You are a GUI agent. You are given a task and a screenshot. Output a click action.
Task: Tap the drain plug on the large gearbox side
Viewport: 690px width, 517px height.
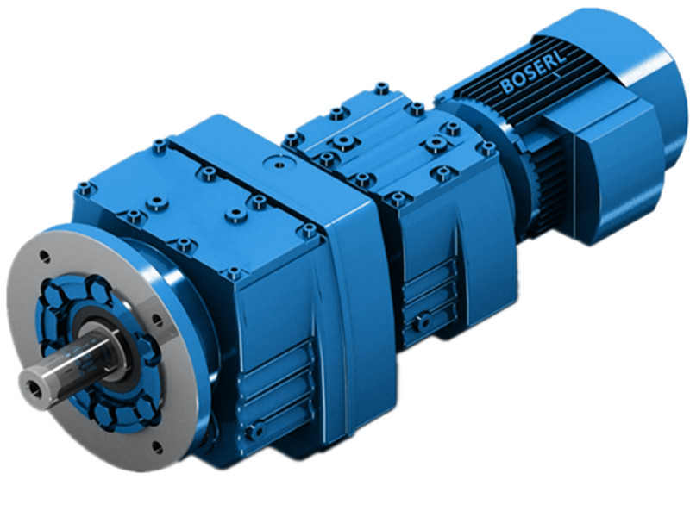click(x=254, y=428)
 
